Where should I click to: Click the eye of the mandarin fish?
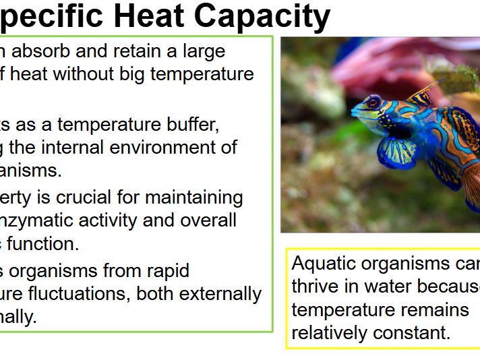tap(373, 103)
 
